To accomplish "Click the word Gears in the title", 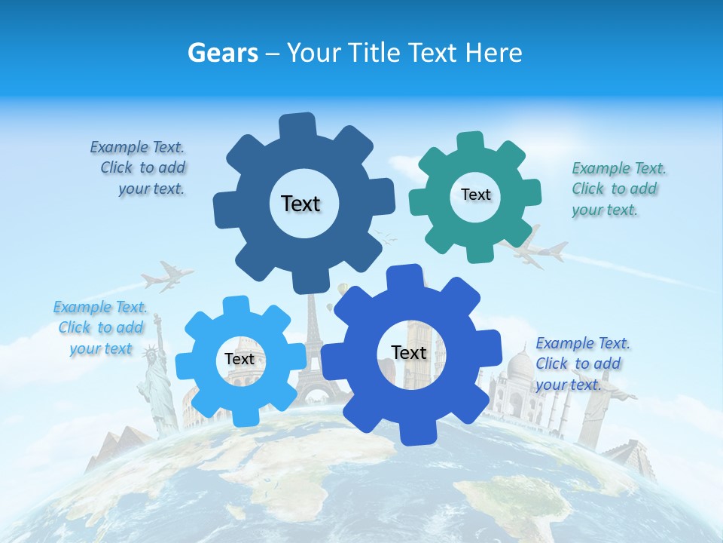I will pyautogui.click(x=221, y=53).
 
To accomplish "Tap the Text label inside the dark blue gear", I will pyautogui.click(x=300, y=204).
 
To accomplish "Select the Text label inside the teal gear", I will pyautogui.click(x=475, y=195).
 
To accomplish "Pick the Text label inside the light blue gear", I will pyautogui.click(x=239, y=359).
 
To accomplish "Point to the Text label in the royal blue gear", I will pyautogui.click(x=409, y=352).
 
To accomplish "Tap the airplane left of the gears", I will pyautogui.click(x=167, y=276).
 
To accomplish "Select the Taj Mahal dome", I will pyautogui.click(x=519, y=367).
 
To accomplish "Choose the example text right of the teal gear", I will pyautogui.click(x=618, y=189).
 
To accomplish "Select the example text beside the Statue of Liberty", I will pyautogui.click(x=99, y=327).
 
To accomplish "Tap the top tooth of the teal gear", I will pyautogui.click(x=471, y=143).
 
